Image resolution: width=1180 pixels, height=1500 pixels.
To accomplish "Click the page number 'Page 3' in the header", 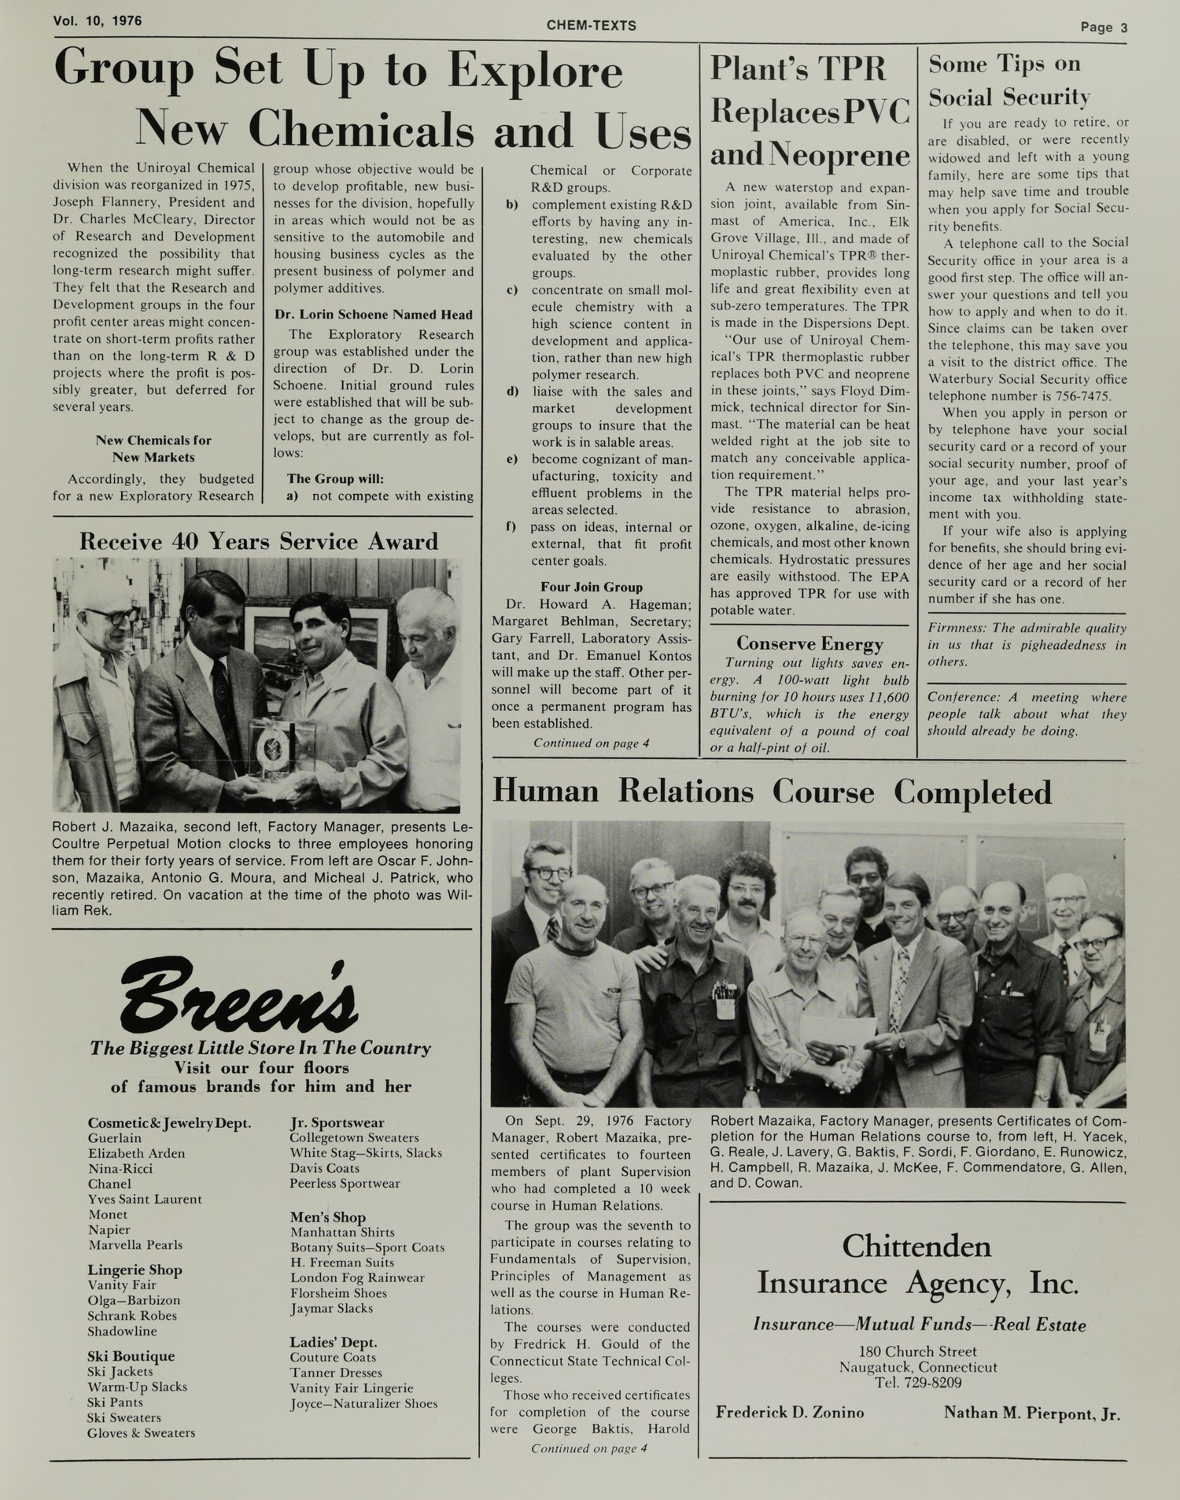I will click(x=1103, y=28).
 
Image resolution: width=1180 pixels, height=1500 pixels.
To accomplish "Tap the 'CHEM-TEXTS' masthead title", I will click(x=591, y=26).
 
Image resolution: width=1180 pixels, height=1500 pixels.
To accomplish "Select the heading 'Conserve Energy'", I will click(x=809, y=644).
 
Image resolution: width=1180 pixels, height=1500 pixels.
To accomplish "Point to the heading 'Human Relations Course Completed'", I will click(x=772, y=792).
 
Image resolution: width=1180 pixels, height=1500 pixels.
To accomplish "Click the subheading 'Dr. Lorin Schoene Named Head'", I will click(x=373, y=315).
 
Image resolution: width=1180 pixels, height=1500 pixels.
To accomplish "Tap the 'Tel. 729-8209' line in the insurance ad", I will click(x=917, y=1383).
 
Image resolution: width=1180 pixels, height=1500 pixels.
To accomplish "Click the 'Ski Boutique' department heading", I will click(x=131, y=1356).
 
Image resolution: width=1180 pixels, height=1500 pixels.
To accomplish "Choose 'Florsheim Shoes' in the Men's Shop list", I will click(x=338, y=1293).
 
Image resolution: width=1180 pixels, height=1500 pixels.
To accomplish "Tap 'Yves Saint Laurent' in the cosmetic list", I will click(x=145, y=1200).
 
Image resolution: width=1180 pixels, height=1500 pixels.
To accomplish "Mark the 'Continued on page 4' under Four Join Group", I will click(x=591, y=743).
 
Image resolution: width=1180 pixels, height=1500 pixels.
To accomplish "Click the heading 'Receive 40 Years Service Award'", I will click(x=258, y=541).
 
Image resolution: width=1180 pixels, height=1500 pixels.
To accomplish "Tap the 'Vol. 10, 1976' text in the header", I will click(x=98, y=21).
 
